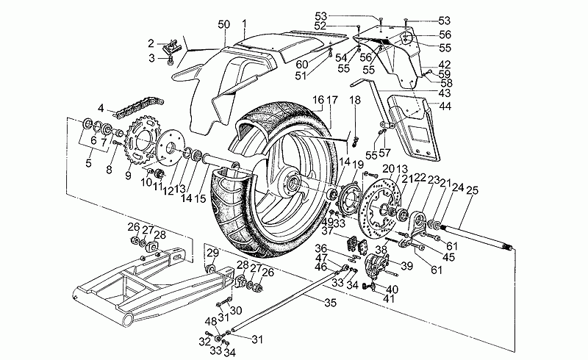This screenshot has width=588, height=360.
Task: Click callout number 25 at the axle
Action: click(471, 191)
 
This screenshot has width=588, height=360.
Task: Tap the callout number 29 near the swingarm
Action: click(211, 253)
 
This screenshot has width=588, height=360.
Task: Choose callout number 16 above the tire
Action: click(316, 99)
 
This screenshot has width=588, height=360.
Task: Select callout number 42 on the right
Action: click(445, 64)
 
